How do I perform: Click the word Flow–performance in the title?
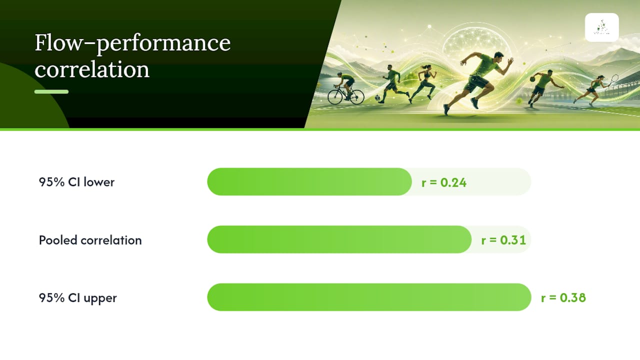pos(132,43)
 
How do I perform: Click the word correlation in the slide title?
pos(92,69)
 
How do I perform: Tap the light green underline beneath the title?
pos(51,91)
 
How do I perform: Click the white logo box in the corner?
pos(601,27)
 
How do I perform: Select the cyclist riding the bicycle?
pos(346,88)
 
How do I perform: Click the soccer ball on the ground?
pos(377,97)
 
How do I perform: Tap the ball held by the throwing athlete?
pos(533,79)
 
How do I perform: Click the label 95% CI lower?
pos(76,182)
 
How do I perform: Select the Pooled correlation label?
pos(90,240)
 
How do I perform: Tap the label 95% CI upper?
pos(77,298)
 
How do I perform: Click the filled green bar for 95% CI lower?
pos(309,181)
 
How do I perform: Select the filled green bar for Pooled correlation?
pos(339,239)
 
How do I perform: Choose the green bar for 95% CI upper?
pos(369,297)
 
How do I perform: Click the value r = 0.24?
pos(444,182)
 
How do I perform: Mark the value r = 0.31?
pos(503,240)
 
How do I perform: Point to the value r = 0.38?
pos(563,297)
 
